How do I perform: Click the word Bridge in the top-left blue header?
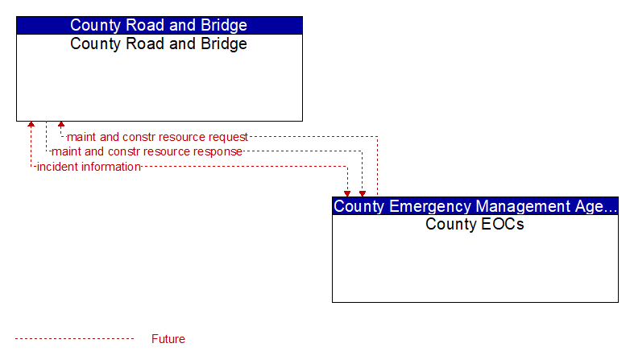pos(224,25)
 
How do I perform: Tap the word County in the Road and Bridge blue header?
pos(96,25)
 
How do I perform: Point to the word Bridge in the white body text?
pos(224,43)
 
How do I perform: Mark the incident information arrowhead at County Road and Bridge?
pos(31,124)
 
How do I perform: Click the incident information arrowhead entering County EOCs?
pos(347,193)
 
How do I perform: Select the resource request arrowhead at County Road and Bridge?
pos(61,124)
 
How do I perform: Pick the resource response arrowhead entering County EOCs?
pos(363,193)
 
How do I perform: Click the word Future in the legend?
pos(168,339)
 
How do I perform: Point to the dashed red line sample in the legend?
pos(74,339)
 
